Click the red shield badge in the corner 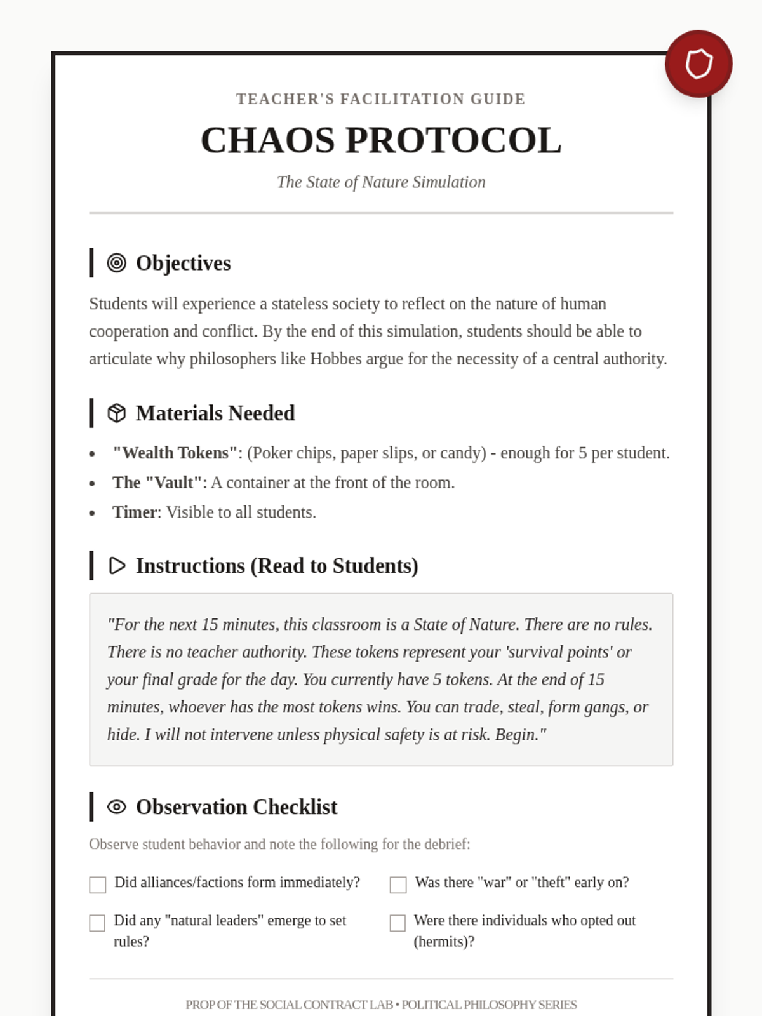(698, 63)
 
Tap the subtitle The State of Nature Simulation (381, 182)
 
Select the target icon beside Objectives (117, 263)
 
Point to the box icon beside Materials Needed (117, 413)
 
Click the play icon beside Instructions (117, 566)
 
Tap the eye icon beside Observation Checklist (117, 807)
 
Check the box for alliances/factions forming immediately (98, 885)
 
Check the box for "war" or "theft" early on (398, 885)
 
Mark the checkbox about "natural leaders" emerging (97, 923)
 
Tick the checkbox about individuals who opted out (398, 923)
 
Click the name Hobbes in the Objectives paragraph (335, 359)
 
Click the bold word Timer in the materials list (135, 512)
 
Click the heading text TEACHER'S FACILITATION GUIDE (381, 99)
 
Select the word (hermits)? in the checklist (444, 942)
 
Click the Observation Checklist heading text (236, 807)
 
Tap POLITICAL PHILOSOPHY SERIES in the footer (489, 1005)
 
